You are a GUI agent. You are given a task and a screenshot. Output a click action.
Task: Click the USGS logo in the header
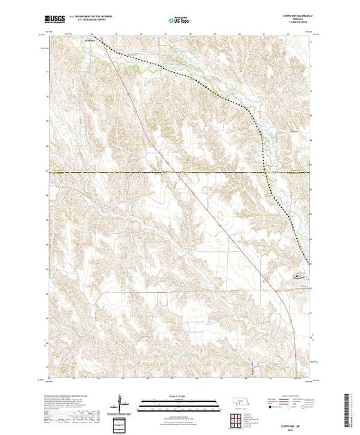[57, 20]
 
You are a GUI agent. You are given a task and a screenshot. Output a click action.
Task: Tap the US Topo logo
[179, 21]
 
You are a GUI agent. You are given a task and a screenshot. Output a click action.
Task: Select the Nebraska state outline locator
[239, 400]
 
